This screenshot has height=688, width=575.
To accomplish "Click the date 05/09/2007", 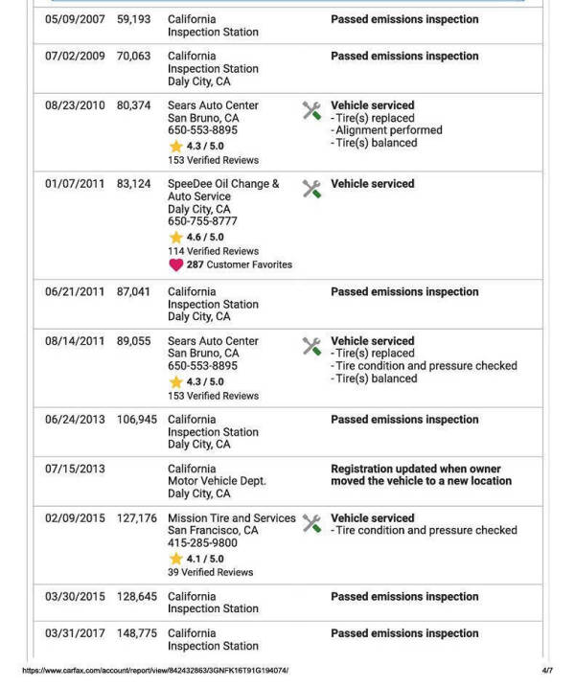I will [75, 19].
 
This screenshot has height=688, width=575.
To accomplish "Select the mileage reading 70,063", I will [134, 57].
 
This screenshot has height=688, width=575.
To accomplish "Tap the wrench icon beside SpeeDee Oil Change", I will [311, 189].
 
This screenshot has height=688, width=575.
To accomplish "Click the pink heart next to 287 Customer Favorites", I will [175, 265].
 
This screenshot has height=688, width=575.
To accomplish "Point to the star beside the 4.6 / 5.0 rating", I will [175, 238].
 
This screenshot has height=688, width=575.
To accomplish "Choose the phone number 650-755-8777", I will [202, 221].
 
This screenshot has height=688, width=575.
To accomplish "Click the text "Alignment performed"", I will [388, 130].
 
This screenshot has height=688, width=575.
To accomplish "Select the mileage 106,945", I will [137, 420].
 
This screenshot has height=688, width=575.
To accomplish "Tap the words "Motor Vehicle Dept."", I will [217, 481].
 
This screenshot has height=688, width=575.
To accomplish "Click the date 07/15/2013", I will [75, 470].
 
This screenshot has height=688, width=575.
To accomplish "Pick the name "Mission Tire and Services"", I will [232, 518].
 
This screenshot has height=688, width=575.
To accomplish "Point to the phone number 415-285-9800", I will [202, 543].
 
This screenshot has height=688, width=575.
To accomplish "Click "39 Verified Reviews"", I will [210, 573].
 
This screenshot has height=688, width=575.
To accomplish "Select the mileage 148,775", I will [137, 633].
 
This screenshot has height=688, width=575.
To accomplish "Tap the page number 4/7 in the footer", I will [547, 671].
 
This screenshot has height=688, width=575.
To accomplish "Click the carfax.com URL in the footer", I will [154, 671].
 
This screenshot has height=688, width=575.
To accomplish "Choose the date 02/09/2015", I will [75, 518].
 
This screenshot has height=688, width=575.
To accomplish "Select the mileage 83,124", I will [134, 184].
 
